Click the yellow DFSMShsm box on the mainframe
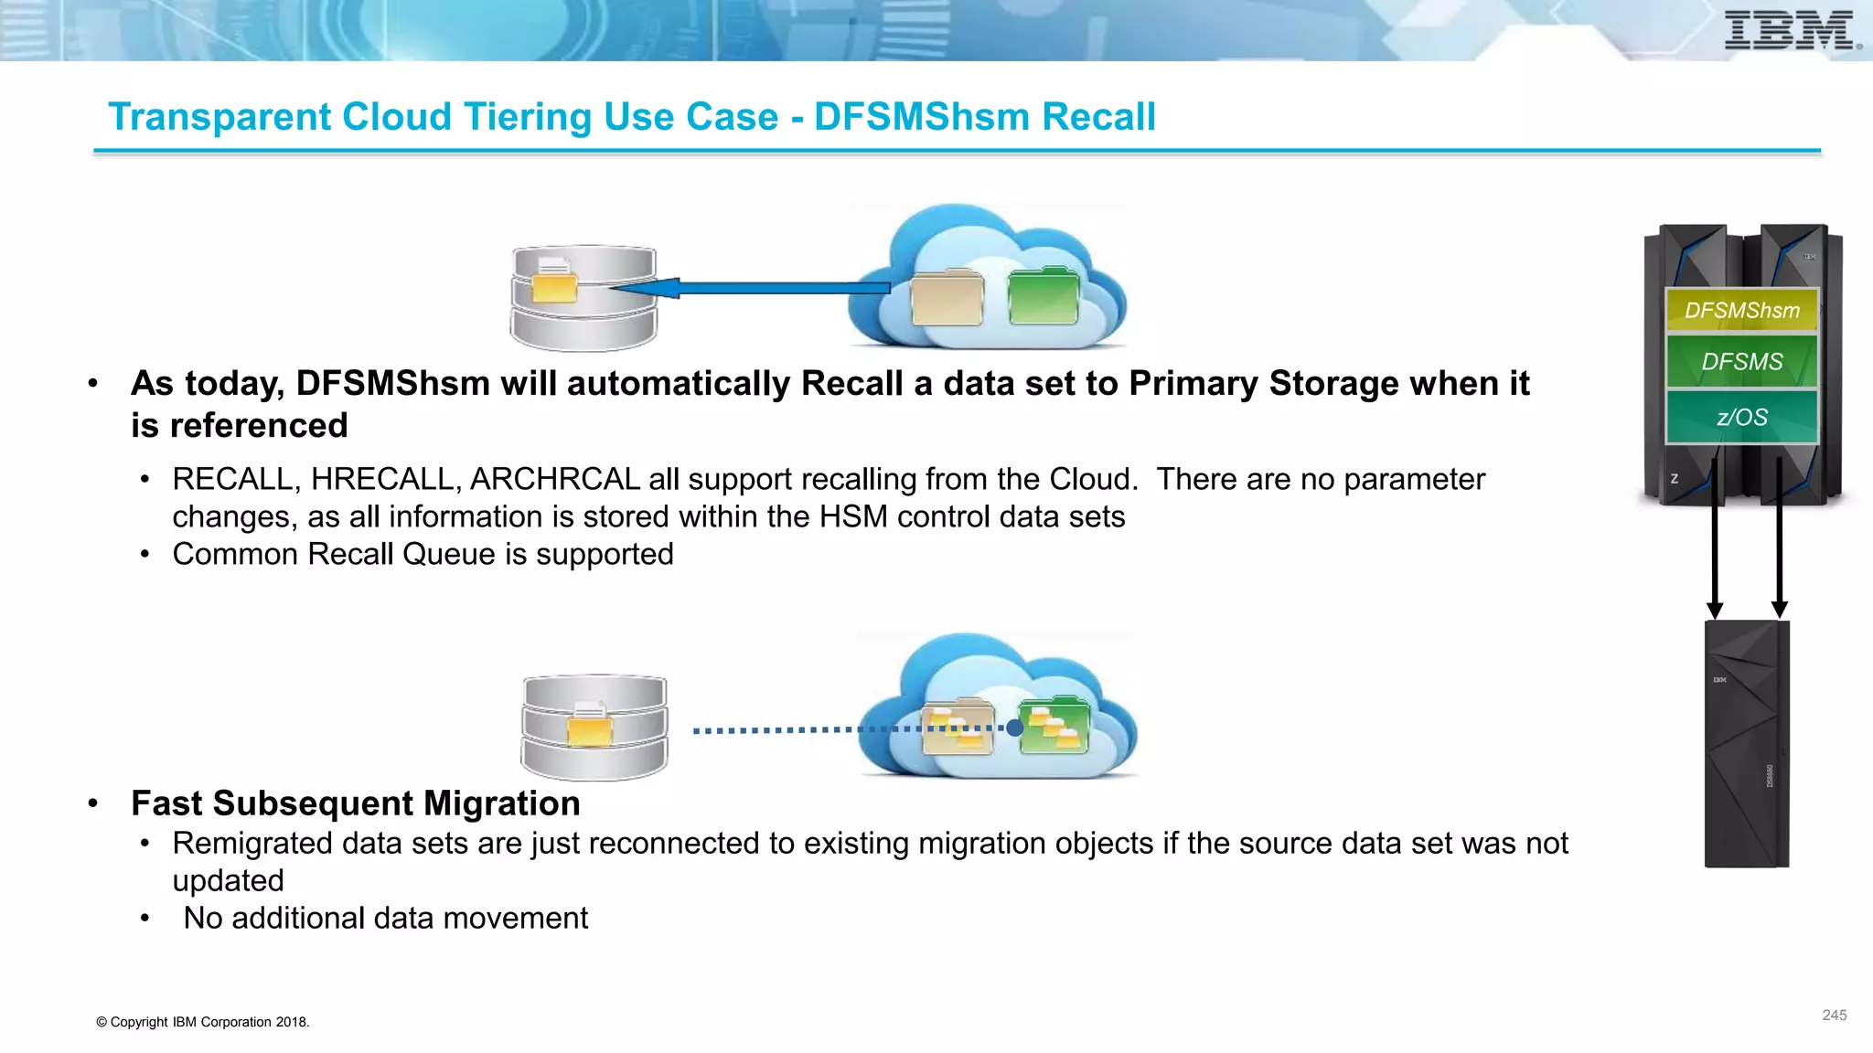[x=1741, y=311]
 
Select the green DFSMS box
[x=1741, y=362]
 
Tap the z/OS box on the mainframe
[x=1741, y=418]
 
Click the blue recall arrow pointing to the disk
[x=750, y=288]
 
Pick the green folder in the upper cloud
[x=1044, y=296]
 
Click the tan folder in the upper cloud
[x=947, y=298]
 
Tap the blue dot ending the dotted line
[x=1014, y=729]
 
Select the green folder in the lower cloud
[x=1054, y=726]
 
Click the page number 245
[x=1834, y=1016]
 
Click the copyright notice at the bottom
[x=203, y=1022]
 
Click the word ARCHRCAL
[x=554, y=479]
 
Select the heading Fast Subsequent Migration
[x=356, y=803]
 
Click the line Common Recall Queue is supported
[x=423, y=554]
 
